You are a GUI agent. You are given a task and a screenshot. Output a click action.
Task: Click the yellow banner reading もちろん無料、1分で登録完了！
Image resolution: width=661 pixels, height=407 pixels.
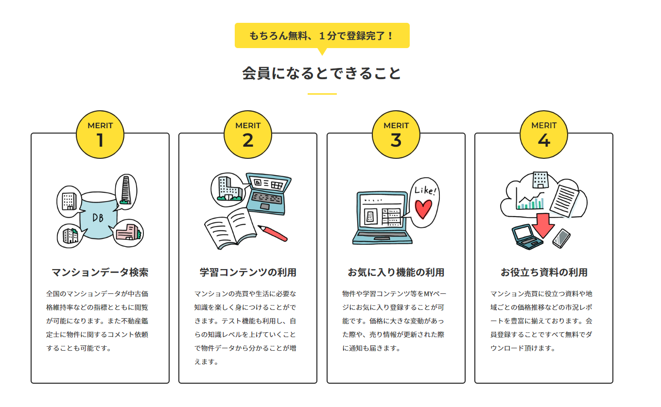coord(322,35)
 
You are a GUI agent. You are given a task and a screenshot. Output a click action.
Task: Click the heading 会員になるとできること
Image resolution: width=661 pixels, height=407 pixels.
coord(322,73)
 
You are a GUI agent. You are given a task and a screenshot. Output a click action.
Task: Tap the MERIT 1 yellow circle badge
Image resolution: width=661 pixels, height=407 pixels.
coord(100,135)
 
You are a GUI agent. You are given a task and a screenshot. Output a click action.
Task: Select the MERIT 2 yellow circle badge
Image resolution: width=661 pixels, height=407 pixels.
coord(248,135)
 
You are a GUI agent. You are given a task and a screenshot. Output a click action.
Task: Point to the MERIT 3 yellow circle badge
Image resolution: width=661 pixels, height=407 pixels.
coord(396,135)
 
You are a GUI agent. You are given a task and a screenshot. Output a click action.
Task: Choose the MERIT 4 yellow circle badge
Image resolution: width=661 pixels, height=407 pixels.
coord(544,135)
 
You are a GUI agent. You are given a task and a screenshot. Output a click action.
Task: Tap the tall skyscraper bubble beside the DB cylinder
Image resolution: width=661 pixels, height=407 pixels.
coord(126,190)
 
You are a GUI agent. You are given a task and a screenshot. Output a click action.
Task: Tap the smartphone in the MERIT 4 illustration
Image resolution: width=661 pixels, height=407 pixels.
coord(561,238)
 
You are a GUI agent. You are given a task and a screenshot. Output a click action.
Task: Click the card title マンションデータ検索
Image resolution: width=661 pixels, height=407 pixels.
coord(100,272)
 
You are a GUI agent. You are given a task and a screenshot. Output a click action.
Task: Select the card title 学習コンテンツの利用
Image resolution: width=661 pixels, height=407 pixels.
coord(248,272)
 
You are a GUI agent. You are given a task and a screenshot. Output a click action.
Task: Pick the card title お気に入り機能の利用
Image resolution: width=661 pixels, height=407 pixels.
coord(396,272)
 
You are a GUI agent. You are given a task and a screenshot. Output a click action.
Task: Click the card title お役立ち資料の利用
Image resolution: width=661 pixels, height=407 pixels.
coord(544,272)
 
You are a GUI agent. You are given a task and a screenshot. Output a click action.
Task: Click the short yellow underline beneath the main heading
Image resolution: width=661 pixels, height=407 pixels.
coord(322,94)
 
